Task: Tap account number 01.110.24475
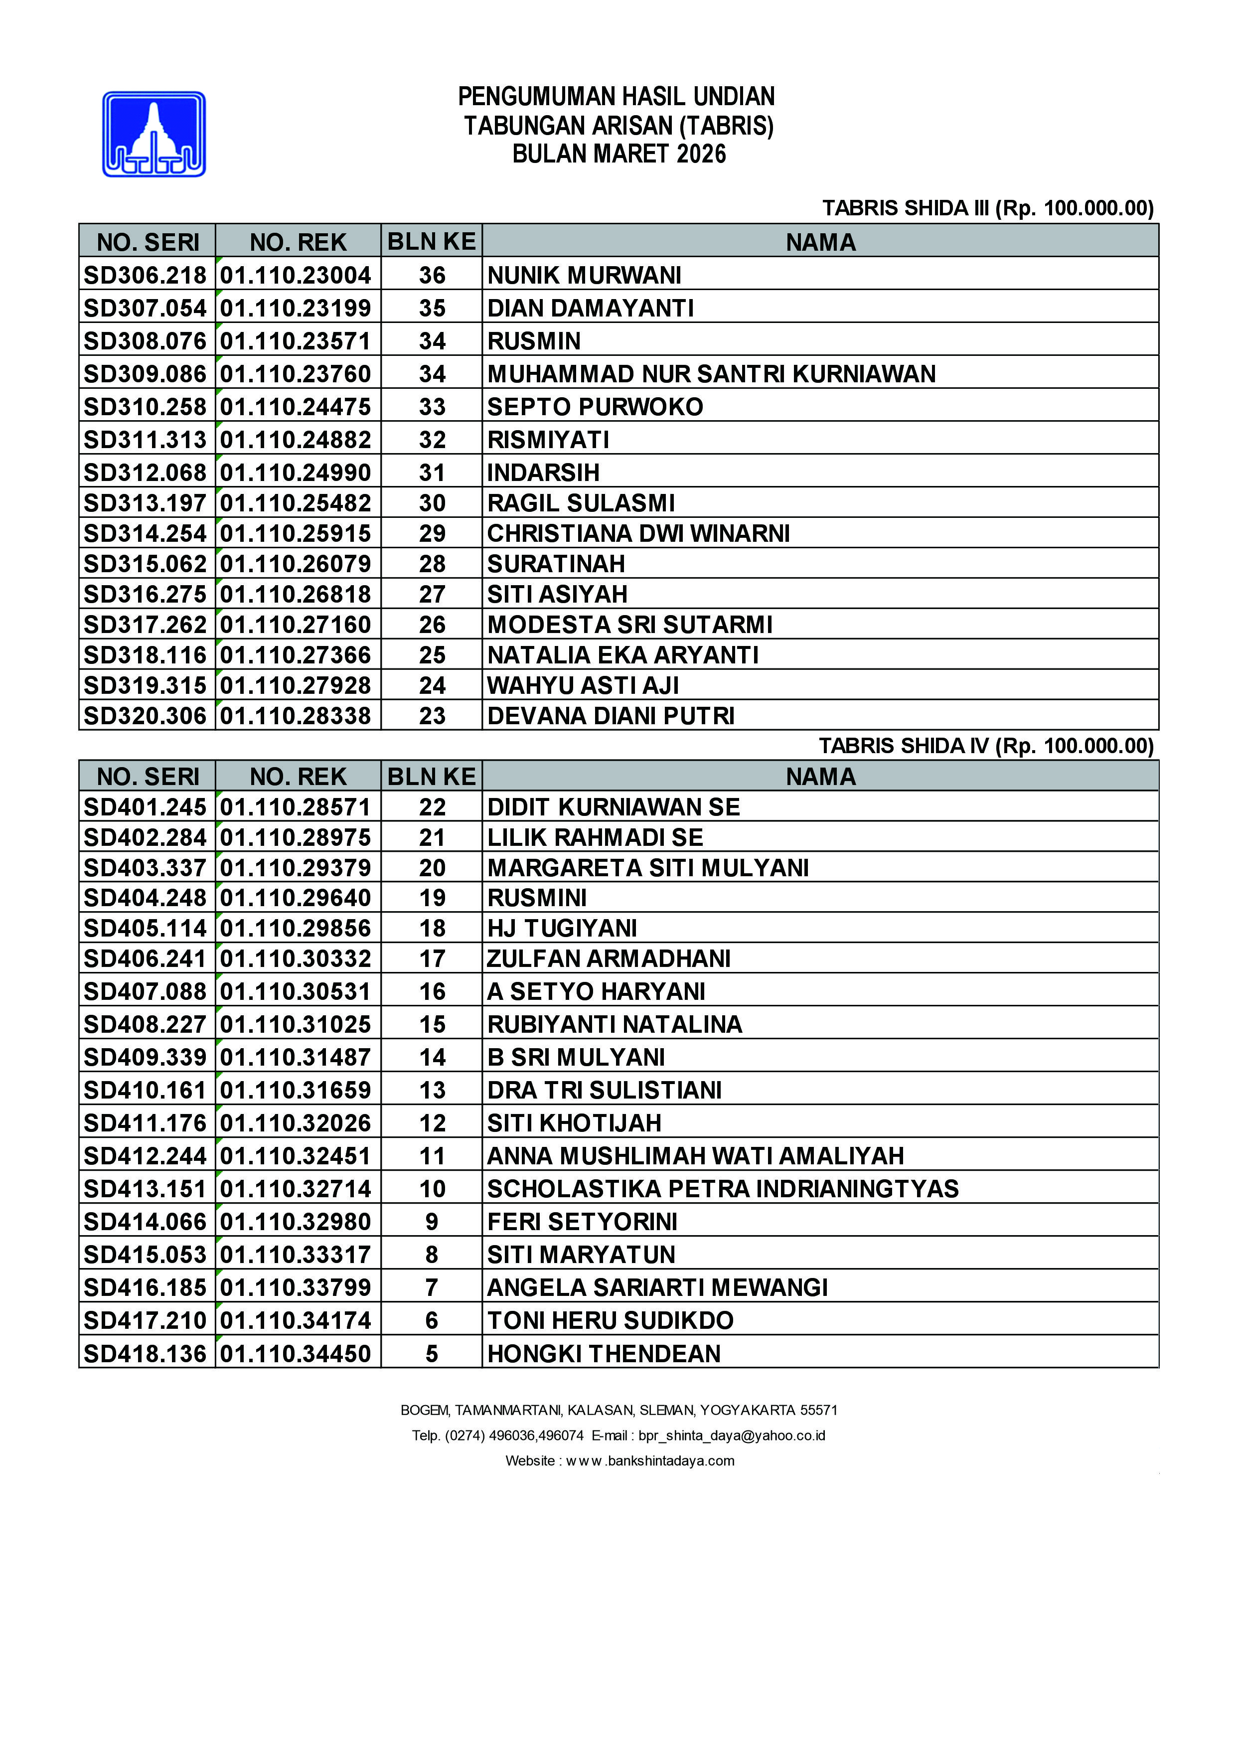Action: coord(296,407)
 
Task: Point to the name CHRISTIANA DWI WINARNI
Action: coord(638,533)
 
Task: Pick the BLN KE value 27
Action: coord(432,594)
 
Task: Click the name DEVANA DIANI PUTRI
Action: coord(611,716)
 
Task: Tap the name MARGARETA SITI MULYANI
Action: coord(648,867)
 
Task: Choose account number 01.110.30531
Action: coord(296,991)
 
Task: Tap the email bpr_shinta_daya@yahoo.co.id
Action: coord(732,1435)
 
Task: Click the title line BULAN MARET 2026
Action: coord(619,154)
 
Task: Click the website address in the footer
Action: coord(651,1460)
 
